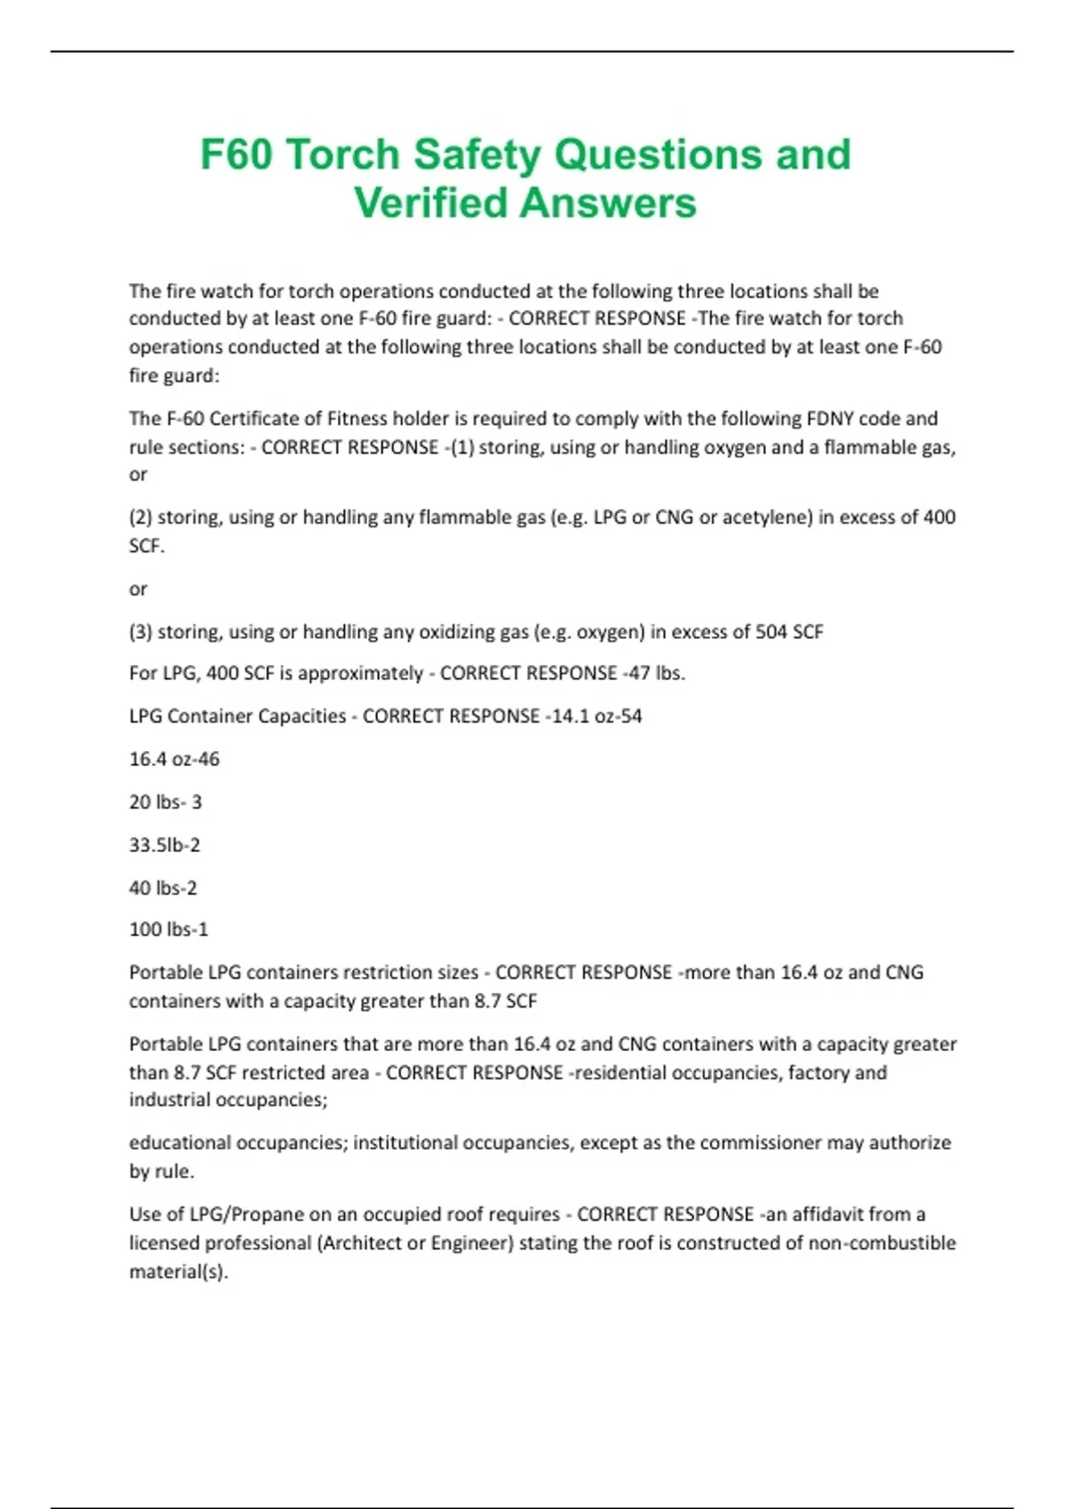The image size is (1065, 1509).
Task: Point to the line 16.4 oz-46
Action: click(x=174, y=759)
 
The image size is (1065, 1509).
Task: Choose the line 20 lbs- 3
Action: click(x=165, y=802)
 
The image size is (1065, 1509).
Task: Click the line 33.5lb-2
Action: click(x=164, y=844)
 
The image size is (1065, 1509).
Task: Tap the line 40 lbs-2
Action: click(x=163, y=888)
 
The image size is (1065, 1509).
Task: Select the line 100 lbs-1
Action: click(x=169, y=929)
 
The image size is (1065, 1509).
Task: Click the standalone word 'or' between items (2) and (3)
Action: click(x=138, y=589)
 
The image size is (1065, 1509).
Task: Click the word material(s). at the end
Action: click(x=178, y=1271)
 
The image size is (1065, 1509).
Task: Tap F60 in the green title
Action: click(x=236, y=154)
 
